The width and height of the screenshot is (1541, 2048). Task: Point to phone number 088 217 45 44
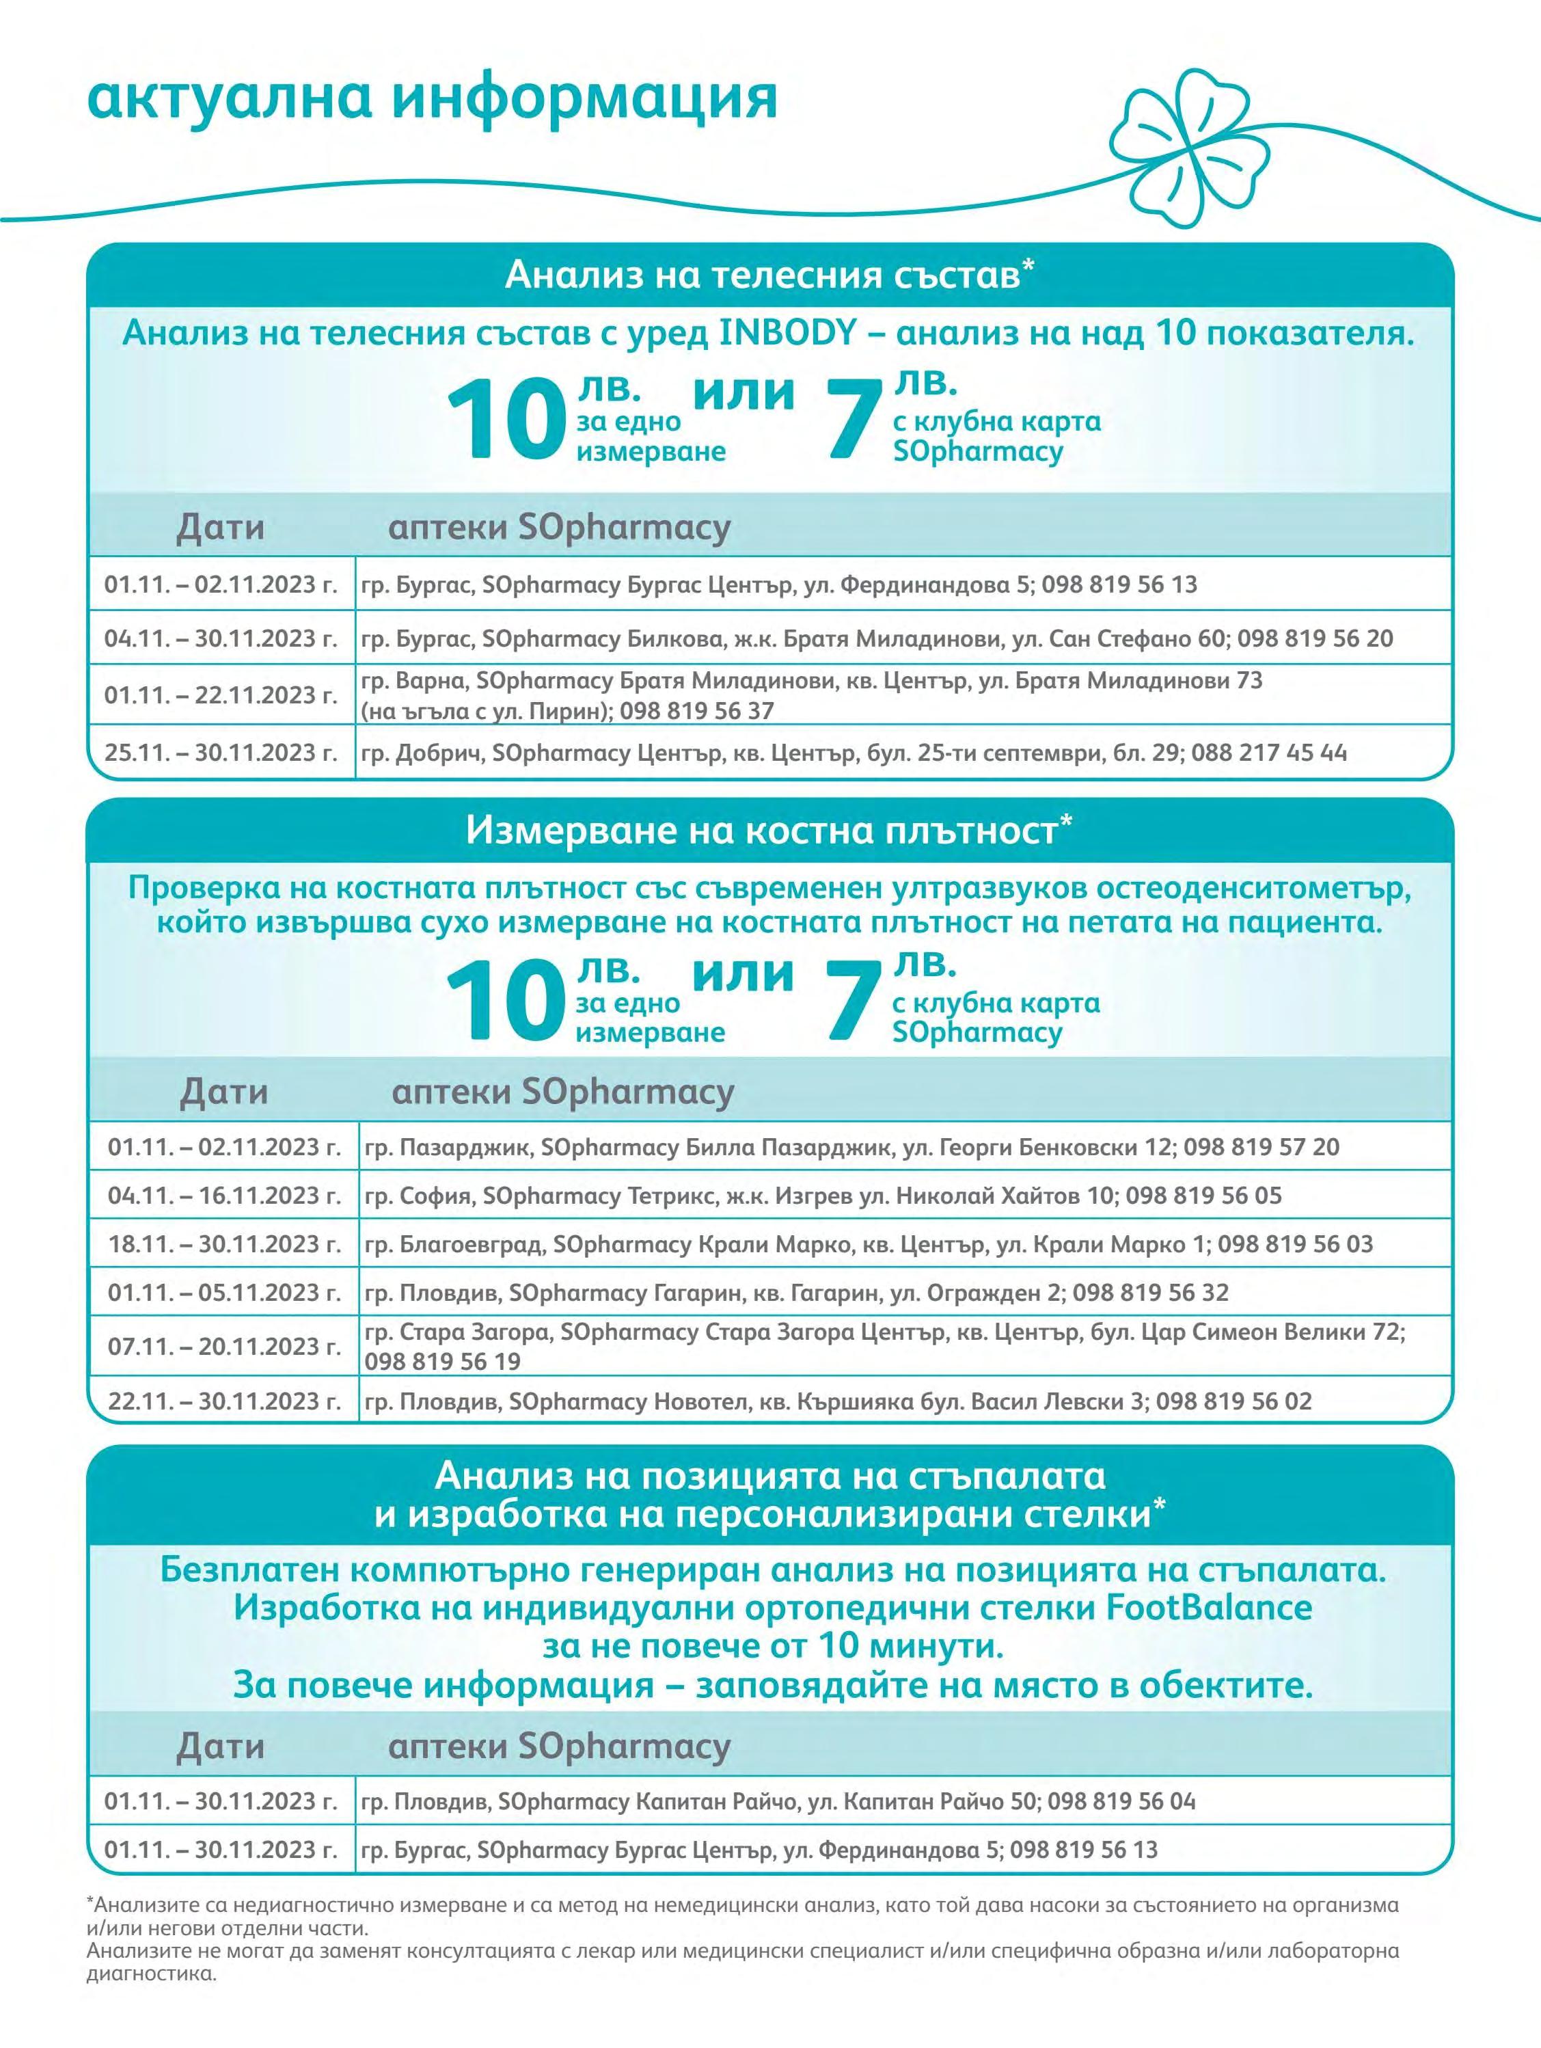pos(1269,752)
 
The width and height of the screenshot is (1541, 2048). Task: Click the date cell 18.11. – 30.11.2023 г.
pos(225,1243)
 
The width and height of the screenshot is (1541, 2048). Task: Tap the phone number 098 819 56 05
pos(1204,1196)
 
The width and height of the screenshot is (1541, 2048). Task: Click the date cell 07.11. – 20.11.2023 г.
pos(225,1345)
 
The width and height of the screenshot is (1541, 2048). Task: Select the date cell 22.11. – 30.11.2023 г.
pos(225,1401)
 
